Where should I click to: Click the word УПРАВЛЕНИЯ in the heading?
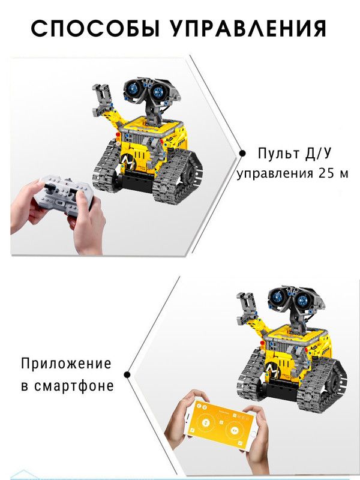[248, 29]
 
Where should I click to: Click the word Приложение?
[66, 364]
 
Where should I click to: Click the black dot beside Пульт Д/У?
[242, 154]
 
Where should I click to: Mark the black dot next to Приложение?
[127, 374]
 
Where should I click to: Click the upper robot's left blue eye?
[134, 88]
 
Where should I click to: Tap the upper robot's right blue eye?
[158, 92]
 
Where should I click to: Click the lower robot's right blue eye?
[302, 301]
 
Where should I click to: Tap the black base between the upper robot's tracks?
[134, 181]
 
